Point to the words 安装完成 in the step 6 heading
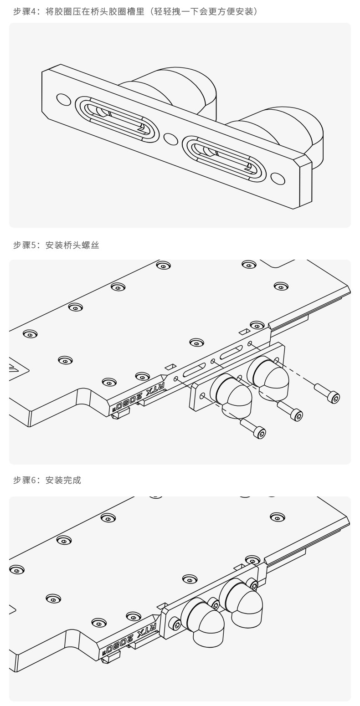(63, 480)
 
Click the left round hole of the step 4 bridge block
(63, 99)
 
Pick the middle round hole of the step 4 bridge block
(170, 139)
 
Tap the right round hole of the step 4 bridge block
(278, 179)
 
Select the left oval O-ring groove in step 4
(117, 119)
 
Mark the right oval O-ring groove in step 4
(224, 159)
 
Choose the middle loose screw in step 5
(290, 410)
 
